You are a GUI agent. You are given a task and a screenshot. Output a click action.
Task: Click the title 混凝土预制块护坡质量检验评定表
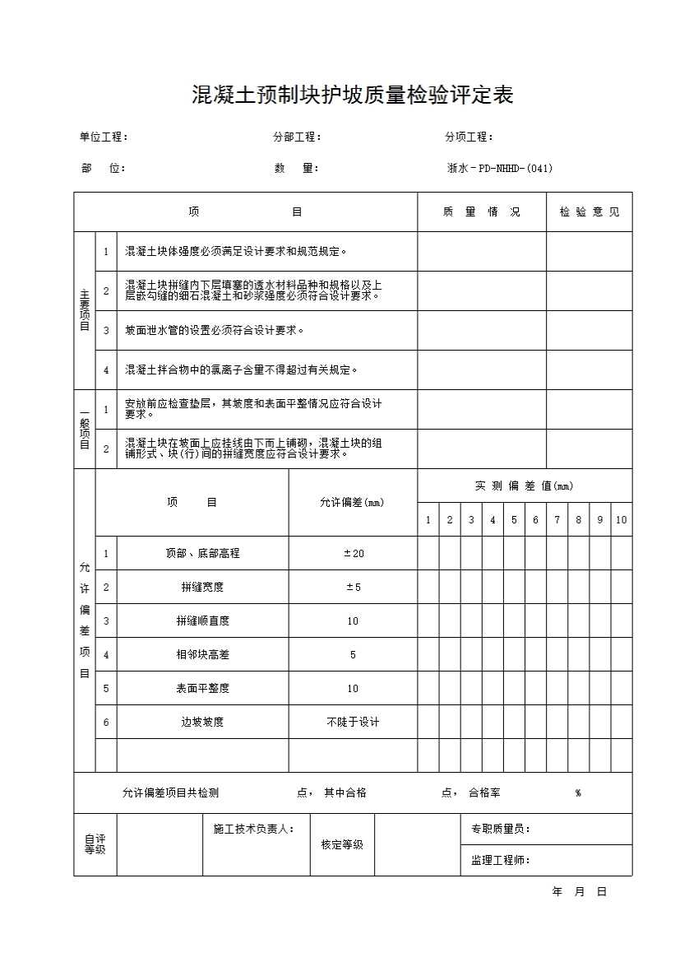[352, 95]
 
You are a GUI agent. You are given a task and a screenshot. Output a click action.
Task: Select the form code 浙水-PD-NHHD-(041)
[499, 168]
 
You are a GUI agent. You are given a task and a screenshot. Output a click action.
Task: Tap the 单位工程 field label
[103, 137]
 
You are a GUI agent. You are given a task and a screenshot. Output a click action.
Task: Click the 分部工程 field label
[297, 137]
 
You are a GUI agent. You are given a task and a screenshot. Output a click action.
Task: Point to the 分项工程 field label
[469, 137]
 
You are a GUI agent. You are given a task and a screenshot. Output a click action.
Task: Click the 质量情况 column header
[481, 212]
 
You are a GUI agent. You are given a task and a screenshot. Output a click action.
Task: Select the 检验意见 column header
[590, 212]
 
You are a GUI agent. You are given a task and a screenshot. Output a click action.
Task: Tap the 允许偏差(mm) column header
[352, 503]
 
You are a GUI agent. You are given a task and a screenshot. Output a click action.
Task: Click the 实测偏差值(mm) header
[524, 486]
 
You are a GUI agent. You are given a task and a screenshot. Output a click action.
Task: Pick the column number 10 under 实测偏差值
[622, 520]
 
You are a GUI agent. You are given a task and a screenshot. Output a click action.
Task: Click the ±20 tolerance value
[353, 554]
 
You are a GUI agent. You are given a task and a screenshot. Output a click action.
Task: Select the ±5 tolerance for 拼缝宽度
[353, 588]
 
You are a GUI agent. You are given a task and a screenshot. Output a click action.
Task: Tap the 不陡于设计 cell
[353, 723]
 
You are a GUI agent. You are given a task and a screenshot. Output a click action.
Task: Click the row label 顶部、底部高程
[202, 554]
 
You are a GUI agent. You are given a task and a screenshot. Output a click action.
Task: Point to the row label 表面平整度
[202, 689]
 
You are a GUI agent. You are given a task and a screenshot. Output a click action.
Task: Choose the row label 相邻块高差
[202, 655]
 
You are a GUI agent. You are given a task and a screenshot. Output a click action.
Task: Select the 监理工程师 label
[500, 861]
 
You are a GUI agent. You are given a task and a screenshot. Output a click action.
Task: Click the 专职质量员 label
[500, 829]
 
